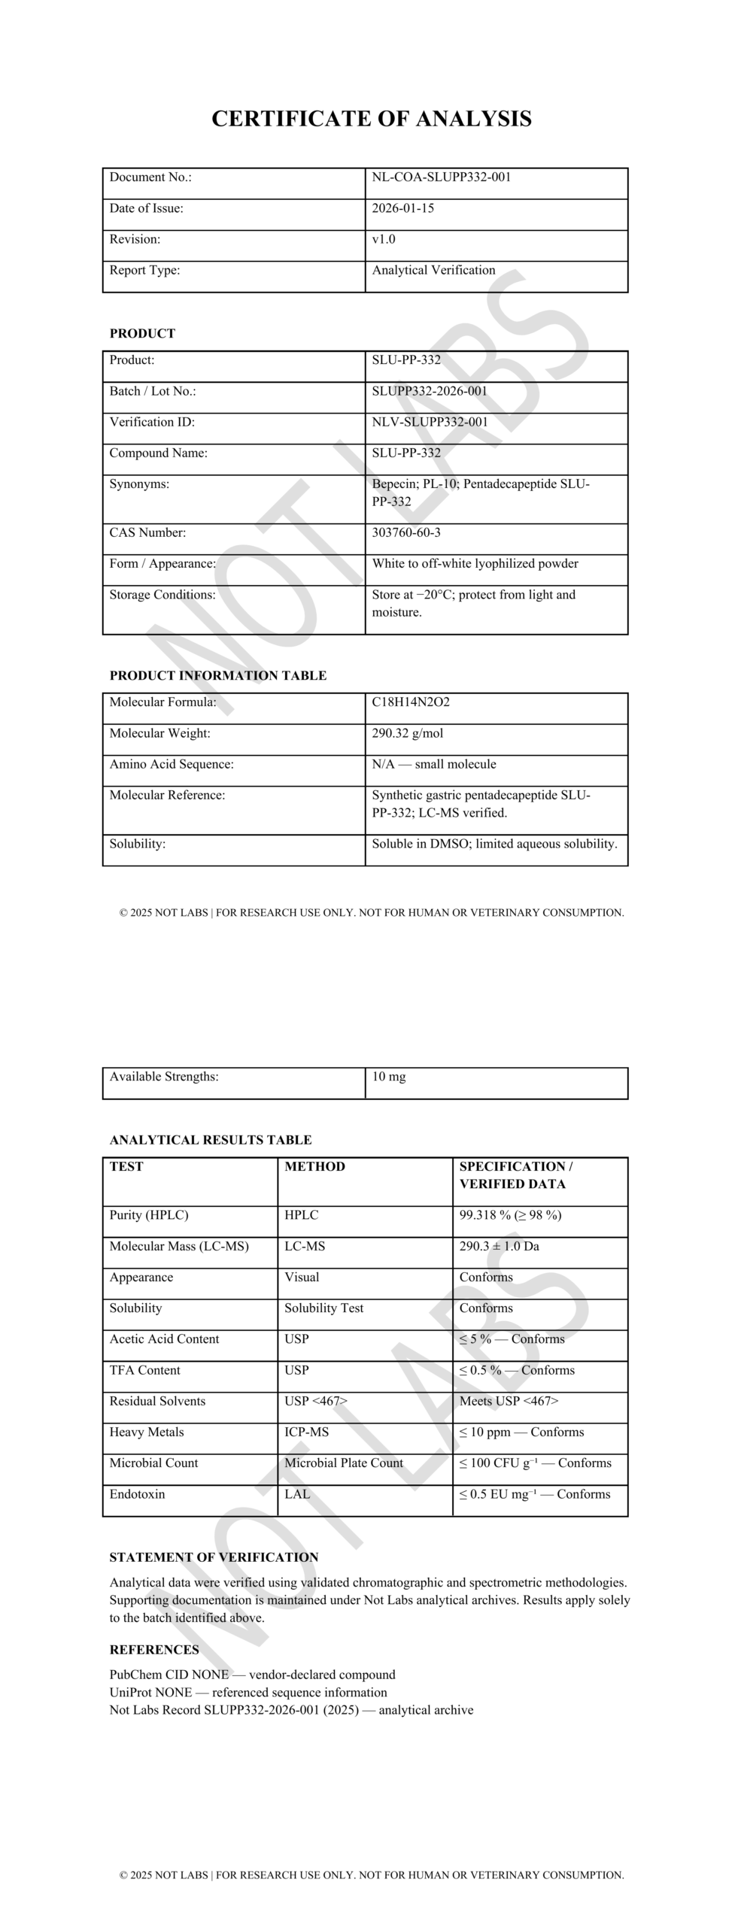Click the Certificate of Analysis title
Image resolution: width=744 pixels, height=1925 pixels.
coord(371,119)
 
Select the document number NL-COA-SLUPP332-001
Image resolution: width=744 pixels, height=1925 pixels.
coord(441,177)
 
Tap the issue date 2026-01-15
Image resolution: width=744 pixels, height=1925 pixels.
coord(402,208)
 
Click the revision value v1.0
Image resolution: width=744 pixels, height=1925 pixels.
coord(383,239)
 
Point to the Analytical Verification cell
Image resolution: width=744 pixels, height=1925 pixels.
coord(433,270)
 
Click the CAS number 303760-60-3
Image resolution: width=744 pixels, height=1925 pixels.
coord(406,532)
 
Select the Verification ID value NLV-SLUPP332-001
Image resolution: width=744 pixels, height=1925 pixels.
coord(430,422)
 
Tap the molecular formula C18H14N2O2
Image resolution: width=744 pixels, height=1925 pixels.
coord(410,702)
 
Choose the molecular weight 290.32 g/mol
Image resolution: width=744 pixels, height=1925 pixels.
coord(407,733)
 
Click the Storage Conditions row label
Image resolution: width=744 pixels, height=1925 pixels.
coord(162,595)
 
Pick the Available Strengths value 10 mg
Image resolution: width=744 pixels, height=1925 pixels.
coord(388,1077)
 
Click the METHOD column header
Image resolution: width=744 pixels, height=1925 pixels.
coord(314,1166)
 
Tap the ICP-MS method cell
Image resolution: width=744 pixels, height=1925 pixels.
coord(306,1432)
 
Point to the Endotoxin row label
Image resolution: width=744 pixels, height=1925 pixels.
coord(137,1494)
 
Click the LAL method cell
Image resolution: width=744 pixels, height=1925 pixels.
coord(297,1494)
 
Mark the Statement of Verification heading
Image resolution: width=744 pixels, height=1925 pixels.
coord(214,1557)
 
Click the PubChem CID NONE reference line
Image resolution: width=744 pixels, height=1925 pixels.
coord(252,1675)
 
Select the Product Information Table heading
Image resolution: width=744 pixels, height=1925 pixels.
coord(218,675)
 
